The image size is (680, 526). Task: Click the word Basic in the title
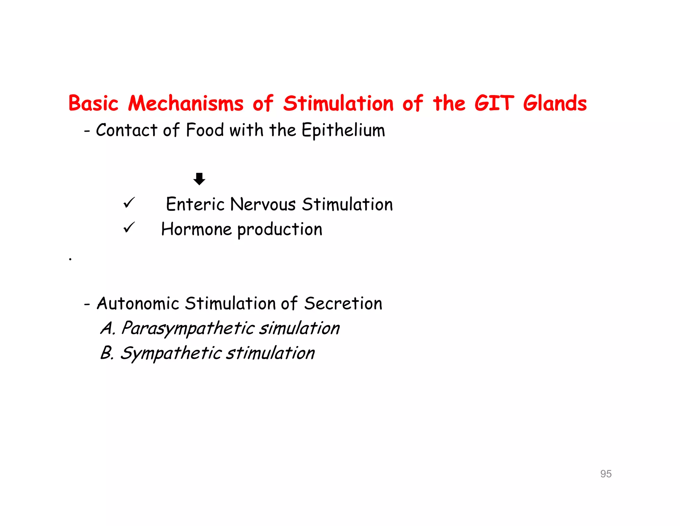93,103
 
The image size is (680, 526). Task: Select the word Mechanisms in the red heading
186,103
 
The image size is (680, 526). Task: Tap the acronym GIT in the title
494,103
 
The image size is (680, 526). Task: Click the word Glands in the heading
555,103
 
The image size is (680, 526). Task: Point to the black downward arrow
199,179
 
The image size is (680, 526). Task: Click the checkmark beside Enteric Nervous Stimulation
129,203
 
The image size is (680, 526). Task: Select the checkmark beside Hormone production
129,228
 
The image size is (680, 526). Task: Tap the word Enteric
194,204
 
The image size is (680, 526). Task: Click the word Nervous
263,204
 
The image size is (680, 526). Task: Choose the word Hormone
196,229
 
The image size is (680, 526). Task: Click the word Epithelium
343,130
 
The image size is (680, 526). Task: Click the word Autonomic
138,304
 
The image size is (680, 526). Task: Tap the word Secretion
343,304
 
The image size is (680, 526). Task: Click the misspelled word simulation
299,329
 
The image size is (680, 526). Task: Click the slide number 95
606,474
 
